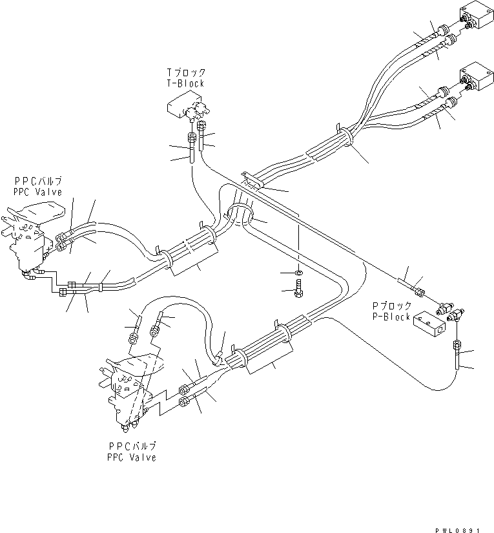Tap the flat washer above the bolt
pos(298,275)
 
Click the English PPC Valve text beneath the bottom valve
pos(132,457)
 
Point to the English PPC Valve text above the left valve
pos(38,192)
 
